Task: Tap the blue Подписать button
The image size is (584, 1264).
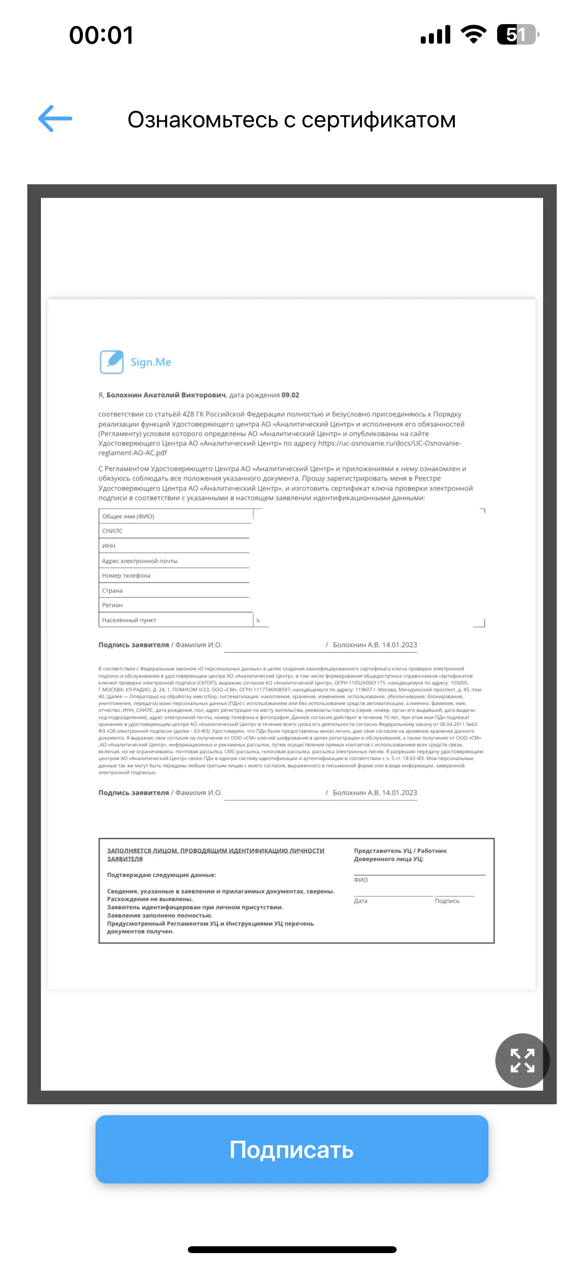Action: click(292, 1149)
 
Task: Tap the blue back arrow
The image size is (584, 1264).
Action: click(55, 119)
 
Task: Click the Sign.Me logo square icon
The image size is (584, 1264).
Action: click(112, 362)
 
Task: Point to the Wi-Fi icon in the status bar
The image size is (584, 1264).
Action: click(473, 34)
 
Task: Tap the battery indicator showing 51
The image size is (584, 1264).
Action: click(517, 34)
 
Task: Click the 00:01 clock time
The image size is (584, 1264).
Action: click(101, 35)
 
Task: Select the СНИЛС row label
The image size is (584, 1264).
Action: click(112, 531)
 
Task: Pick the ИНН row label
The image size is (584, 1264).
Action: click(109, 546)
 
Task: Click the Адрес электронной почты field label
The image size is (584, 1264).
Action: click(140, 561)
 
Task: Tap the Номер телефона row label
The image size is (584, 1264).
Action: click(126, 576)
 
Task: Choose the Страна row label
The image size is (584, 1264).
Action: click(112, 590)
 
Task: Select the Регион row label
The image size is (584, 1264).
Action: click(112, 605)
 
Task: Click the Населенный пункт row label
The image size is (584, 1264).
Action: click(129, 620)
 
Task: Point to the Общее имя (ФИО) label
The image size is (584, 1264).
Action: click(128, 516)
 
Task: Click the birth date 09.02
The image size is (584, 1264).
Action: click(290, 395)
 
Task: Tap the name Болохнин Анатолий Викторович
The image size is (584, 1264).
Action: click(166, 395)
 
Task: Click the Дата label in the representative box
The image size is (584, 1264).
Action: click(360, 901)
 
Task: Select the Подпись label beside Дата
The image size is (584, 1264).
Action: click(447, 901)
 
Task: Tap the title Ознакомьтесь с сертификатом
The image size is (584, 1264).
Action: click(292, 120)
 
